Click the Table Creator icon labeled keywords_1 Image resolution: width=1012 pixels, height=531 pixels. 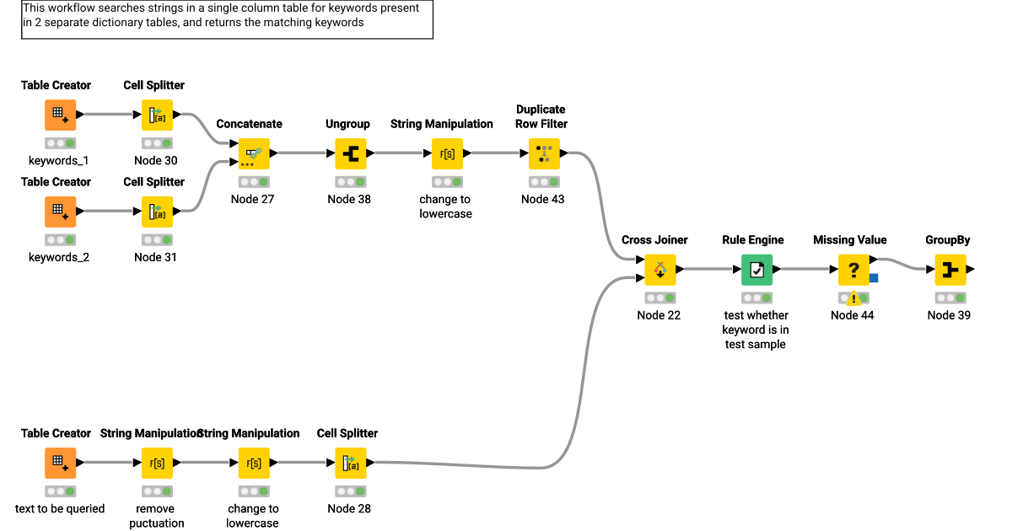[x=61, y=115]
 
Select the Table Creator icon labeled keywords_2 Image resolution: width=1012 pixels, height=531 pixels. [x=61, y=212]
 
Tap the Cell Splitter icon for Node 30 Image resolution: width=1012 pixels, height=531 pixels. [x=157, y=115]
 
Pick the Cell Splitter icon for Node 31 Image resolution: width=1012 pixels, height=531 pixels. [x=157, y=212]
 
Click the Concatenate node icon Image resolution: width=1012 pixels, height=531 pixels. [x=254, y=153]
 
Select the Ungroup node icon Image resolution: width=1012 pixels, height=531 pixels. [x=351, y=153]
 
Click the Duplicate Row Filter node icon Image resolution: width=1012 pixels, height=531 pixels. [x=544, y=153]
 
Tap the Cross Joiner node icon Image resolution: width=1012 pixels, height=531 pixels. [x=660, y=270]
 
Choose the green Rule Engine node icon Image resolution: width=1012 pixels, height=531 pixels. [x=757, y=270]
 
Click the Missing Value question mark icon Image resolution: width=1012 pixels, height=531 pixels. [x=853, y=270]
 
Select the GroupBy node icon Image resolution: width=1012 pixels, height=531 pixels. [x=950, y=270]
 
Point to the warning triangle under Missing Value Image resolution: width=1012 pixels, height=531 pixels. [x=853, y=298]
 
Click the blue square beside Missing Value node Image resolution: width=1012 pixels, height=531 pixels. [x=874, y=277]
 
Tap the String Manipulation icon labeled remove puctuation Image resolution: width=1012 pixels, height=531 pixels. [x=157, y=463]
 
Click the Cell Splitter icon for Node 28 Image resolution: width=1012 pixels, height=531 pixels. [x=351, y=463]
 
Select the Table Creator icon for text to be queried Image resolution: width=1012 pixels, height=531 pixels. [x=61, y=463]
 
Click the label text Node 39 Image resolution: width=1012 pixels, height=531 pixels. [x=949, y=315]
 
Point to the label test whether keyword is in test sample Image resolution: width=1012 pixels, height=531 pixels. [x=756, y=330]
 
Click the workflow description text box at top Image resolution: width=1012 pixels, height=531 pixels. [x=227, y=19]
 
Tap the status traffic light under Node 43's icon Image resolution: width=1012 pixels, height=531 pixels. [x=544, y=181]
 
